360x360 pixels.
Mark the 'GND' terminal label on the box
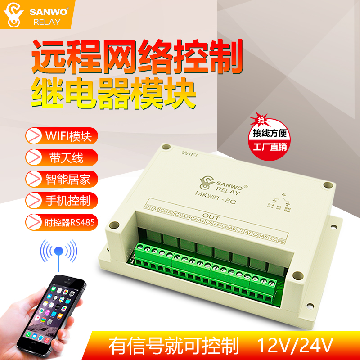coord(282,241)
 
